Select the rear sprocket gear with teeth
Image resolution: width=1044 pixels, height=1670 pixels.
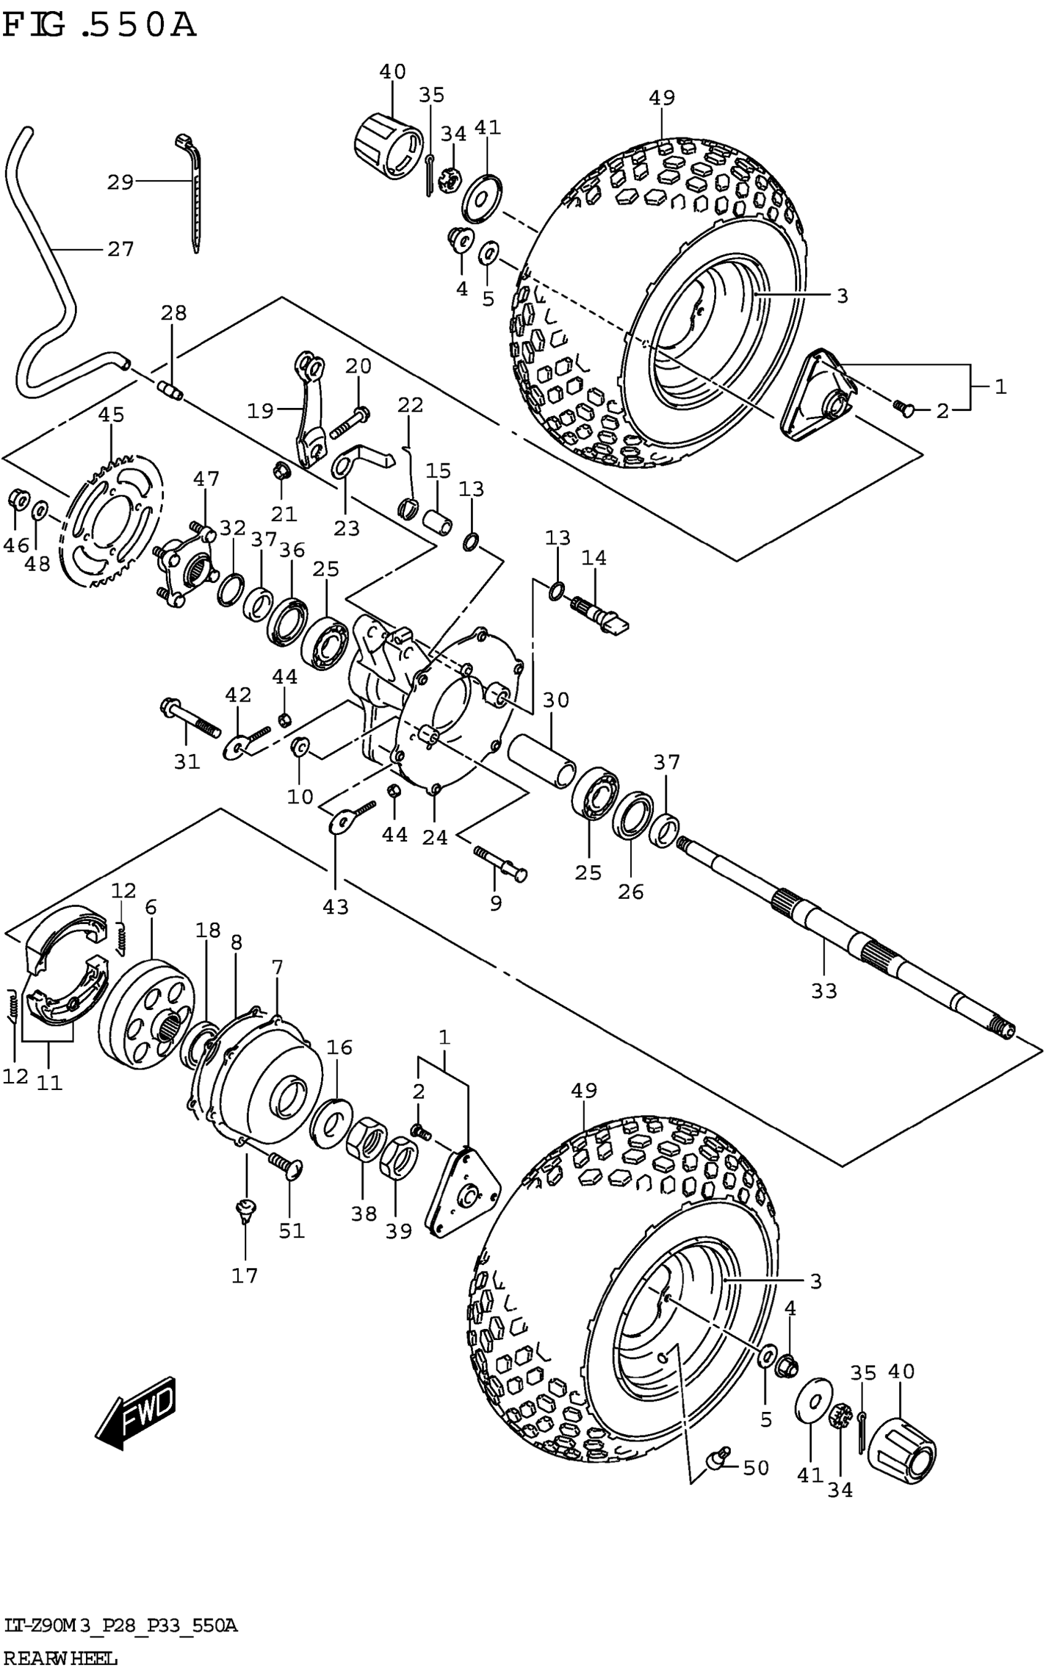pyautogui.click(x=114, y=522)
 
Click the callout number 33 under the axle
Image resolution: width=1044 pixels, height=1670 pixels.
pyautogui.click(x=824, y=991)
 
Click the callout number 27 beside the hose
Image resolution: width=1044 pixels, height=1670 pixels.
pyautogui.click(x=120, y=249)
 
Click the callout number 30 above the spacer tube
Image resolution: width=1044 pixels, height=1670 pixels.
pyautogui.click(x=556, y=700)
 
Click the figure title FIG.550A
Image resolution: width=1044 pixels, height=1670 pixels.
pyautogui.click(x=100, y=26)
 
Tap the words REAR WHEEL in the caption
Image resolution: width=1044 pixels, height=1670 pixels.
pyautogui.click(x=61, y=1658)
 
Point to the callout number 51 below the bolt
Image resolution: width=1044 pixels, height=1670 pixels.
pyautogui.click(x=291, y=1231)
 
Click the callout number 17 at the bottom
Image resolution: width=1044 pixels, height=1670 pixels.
pyautogui.click(x=244, y=1276)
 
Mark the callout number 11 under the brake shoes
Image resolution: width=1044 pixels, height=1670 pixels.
pyautogui.click(x=49, y=1083)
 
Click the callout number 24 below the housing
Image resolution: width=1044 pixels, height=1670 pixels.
pyautogui.click(x=435, y=837)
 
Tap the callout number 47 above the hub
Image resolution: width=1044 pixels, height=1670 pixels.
pyautogui.click(x=206, y=479)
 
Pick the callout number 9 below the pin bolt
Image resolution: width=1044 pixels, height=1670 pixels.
pyautogui.click(x=496, y=903)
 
